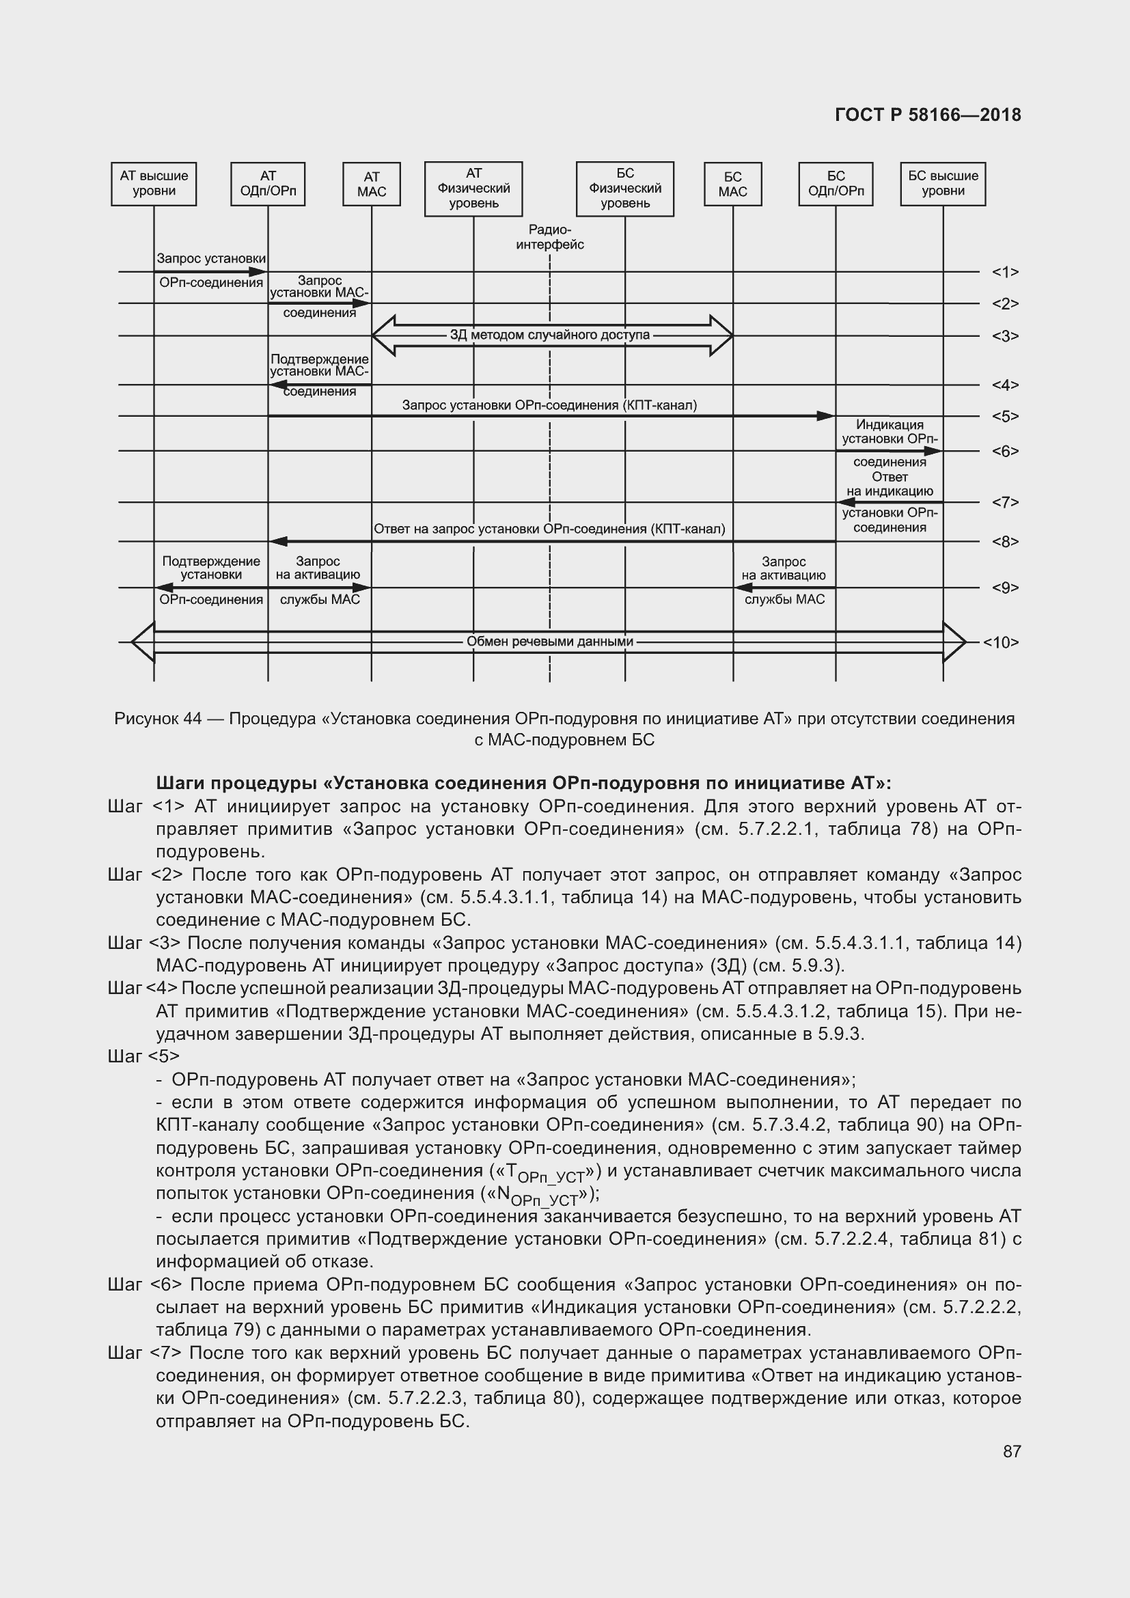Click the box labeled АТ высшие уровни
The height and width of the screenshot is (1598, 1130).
[x=154, y=184]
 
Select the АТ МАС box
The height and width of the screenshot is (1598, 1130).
[x=372, y=184]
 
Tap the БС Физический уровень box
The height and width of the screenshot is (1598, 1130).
[x=625, y=189]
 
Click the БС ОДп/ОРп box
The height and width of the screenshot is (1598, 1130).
[x=836, y=184]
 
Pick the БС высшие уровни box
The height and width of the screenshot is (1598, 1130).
[x=943, y=184]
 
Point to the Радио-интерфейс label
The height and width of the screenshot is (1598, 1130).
[x=550, y=237]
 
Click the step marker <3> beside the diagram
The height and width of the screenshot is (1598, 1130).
[x=1006, y=336]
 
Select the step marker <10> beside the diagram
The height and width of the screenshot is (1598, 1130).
[x=1001, y=642]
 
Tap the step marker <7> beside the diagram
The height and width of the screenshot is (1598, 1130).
[x=1006, y=502]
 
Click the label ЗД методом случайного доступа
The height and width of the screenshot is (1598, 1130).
[x=550, y=335]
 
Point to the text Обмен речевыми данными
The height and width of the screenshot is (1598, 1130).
[x=550, y=641]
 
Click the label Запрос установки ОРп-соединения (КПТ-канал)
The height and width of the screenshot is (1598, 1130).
[x=550, y=405]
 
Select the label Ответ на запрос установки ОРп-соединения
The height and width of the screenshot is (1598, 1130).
[x=550, y=529]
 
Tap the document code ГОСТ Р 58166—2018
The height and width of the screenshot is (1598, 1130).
[x=928, y=115]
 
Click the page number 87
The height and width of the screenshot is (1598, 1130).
[x=1012, y=1451]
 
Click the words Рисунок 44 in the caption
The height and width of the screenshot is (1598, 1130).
[x=158, y=718]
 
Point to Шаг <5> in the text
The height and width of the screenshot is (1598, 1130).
[x=144, y=1056]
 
